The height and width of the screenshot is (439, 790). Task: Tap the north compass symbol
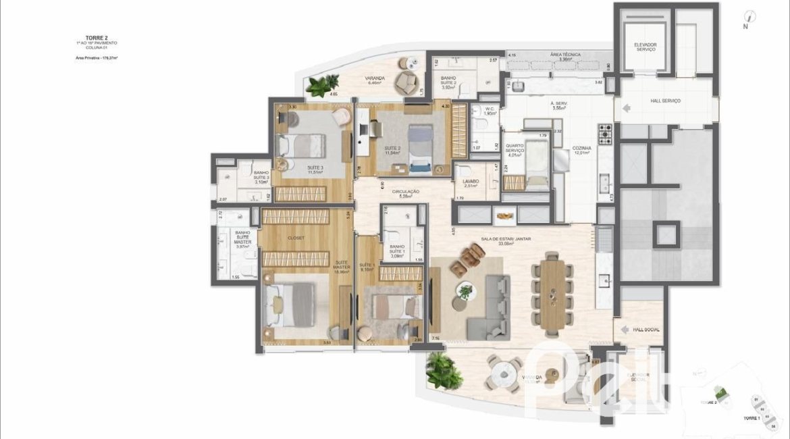[749, 18]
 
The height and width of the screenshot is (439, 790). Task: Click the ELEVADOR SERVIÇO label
[645, 47]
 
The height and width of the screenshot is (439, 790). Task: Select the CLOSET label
[296, 238]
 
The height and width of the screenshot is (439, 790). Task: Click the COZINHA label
[581, 149]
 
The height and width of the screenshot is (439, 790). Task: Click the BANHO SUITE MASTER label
[242, 239]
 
